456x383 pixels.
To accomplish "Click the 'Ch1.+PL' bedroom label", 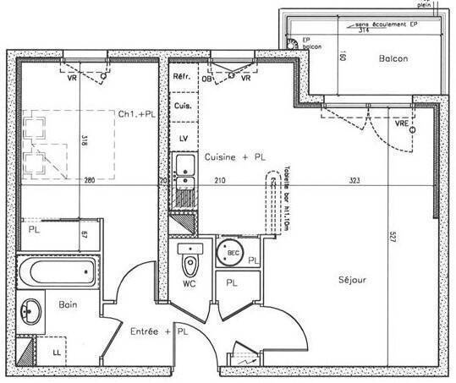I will click(136, 113).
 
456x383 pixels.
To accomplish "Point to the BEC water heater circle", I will click(230, 251).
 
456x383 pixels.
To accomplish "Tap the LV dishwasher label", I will click(181, 137).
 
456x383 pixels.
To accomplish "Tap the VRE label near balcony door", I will click(401, 124).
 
